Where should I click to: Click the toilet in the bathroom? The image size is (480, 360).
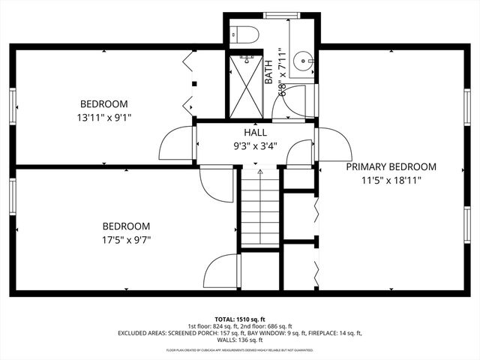[244, 34]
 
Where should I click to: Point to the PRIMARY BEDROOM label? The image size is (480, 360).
[391, 166]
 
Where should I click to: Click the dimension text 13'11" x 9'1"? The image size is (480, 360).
[104, 116]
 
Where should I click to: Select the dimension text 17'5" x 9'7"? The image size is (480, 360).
[126, 239]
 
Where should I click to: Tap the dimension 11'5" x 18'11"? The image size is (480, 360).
[391, 180]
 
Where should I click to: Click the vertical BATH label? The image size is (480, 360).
[268, 71]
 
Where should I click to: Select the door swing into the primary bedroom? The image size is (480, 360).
[333, 143]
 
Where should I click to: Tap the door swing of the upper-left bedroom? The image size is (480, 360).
[177, 143]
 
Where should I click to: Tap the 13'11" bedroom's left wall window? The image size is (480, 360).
[13, 104]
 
